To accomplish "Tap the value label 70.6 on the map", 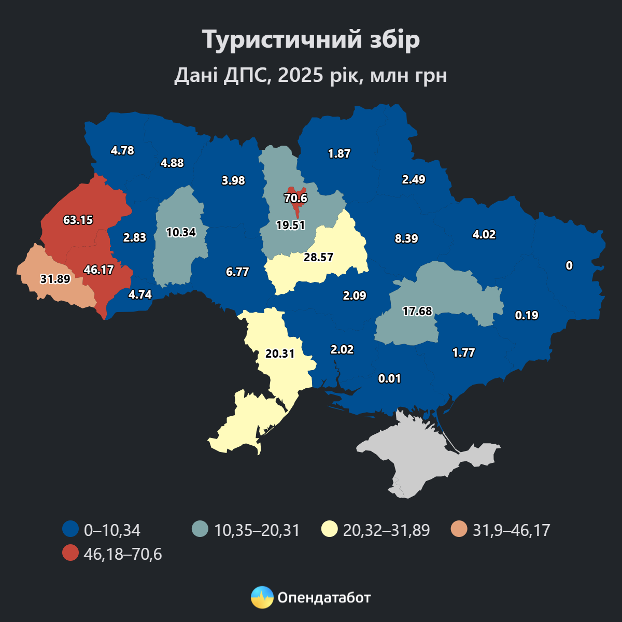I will (x=295, y=198).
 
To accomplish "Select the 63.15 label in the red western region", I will (x=78, y=220).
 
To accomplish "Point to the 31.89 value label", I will (x=55, y=279).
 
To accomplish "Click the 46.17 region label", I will (x=98, y=270).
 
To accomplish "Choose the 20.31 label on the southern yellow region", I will (x=280, y=354).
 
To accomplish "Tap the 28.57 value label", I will (x=318, y=257).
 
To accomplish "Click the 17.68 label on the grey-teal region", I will (x=417, y=311).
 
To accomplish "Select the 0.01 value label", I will (x=390, y=378).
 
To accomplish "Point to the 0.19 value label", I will (x=527, y=315).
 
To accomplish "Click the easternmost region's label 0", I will (x=569, y=265).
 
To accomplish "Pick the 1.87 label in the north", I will (x=340, y=153).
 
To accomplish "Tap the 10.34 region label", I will (x=181, y=232).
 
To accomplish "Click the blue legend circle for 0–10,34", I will (x=70, y=529).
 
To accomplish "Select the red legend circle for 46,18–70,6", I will (x=70, y=553).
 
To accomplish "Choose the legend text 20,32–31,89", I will (x=386, y=530).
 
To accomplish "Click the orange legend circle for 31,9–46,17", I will (x=459, y=529).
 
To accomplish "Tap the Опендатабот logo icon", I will (x=262, y=598).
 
